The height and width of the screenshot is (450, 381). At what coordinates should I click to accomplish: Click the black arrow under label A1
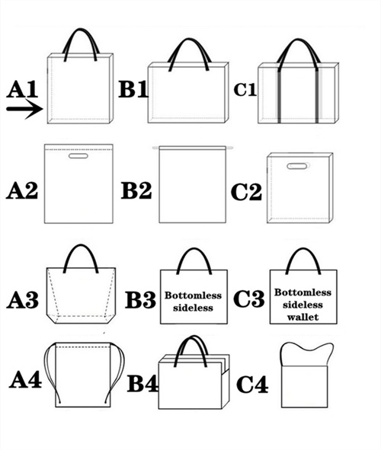24,109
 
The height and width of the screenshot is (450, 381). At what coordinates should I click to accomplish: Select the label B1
133,88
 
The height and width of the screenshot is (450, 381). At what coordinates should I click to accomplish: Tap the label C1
245,89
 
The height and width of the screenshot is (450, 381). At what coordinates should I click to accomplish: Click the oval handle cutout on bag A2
78,156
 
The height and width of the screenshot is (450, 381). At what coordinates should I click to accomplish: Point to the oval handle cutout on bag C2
298,166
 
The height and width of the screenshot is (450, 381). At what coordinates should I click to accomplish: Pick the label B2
136,190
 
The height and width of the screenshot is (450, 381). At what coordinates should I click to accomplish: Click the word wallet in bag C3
303,317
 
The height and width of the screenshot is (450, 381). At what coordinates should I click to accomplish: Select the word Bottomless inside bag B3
193,295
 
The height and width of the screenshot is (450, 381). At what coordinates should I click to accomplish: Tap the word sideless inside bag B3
193,308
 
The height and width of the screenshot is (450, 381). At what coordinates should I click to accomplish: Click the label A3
22,300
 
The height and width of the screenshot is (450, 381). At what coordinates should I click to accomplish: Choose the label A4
25,379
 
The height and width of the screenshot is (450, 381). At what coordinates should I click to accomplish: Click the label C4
252,385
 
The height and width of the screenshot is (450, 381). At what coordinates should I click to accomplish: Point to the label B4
142,384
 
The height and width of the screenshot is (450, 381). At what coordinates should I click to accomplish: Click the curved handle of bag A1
81,30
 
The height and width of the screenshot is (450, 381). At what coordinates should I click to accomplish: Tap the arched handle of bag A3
81,247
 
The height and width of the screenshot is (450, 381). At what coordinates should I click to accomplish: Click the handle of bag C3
303,250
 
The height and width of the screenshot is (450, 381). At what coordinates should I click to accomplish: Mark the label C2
246,192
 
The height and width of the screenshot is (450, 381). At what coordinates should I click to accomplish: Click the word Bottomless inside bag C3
303,292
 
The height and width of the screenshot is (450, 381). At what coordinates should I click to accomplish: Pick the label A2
22,190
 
